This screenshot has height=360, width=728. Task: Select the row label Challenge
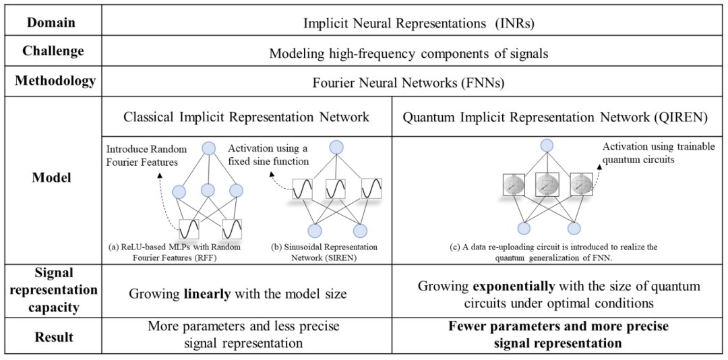coord(53,51)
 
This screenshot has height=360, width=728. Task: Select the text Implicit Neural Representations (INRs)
coord(415,22)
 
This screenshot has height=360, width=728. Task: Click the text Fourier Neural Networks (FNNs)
coord(414,83)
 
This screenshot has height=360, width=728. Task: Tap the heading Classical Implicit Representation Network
coord(246,117)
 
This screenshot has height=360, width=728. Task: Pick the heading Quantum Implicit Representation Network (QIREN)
coord(555,117)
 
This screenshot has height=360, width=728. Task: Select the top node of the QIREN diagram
coord(547,146)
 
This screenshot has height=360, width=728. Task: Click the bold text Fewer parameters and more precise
coord(558,326)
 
